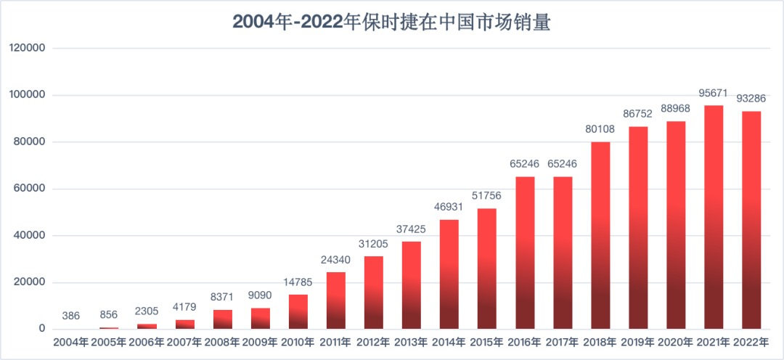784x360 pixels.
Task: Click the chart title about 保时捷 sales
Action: [x=392, y=22]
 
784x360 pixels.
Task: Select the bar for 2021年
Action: [x=714, y=218]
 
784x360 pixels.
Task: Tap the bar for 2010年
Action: [x=298, y=311]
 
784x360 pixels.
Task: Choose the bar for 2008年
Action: [x=223, y=319]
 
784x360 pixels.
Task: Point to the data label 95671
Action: [x=714, y=93]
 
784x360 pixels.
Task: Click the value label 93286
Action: [x=751, y=98]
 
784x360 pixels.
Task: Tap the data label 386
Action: [x=71, y=316]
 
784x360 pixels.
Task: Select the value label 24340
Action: [x=336, y=259]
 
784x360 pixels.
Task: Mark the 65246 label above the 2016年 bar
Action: [x=525, y=163]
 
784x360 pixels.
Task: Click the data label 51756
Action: [x=487, y=195]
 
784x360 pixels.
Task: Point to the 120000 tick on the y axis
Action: [x=27, y=48]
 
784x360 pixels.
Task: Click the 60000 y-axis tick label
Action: [x=30, y=189]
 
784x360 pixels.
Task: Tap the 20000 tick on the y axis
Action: [x=30, y=282]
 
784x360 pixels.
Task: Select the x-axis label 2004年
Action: [x=71, y=342]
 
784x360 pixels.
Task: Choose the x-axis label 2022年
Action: [x=751, y=342]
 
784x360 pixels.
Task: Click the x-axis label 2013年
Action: [x=412, y=342]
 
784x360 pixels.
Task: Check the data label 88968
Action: [x=676, y=108]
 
